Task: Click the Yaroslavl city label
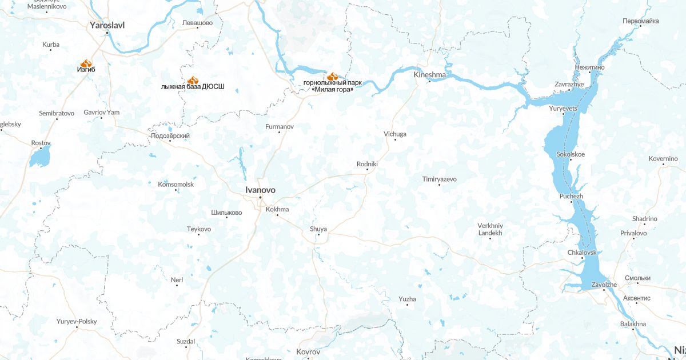(107, 25)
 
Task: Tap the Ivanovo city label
(260, 190)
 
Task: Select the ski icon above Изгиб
(86, 63)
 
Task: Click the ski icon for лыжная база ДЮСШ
(193, 81)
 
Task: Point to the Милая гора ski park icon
(333, 76)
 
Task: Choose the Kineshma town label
(429, 74)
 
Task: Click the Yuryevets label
(563, 108)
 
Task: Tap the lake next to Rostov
(41, 155)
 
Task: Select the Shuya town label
(318, 229)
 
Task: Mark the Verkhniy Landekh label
(490, 229)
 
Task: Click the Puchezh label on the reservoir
(571, 196)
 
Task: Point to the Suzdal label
(186, 341)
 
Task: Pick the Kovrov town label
(309, 352)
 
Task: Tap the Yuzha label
(408, 299)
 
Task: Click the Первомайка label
(640, 21)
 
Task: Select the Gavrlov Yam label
(101, 112)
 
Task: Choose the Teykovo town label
(199, 229)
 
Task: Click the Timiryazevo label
(440, 179)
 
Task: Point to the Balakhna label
(633, 324)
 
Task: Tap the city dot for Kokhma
(277, 215)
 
